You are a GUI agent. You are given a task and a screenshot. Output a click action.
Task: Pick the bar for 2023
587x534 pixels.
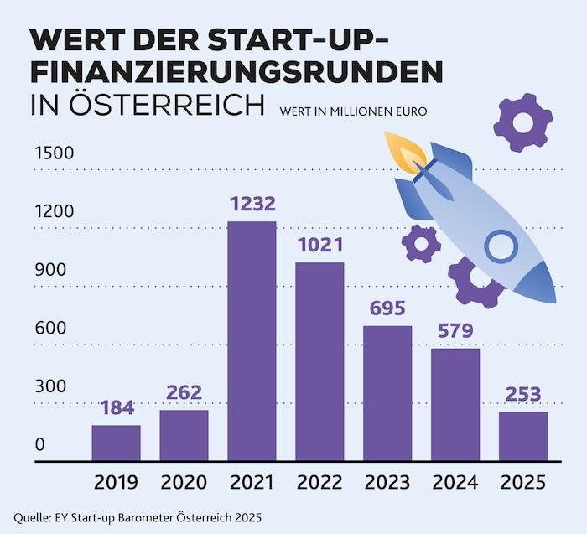[x=387, y=393]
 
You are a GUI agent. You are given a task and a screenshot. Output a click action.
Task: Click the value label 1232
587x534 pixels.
[x=252, y=204]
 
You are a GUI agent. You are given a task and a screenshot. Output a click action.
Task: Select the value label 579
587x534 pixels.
[x=455, y=331]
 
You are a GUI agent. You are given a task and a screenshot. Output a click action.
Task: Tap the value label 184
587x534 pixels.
[x=116, y=408]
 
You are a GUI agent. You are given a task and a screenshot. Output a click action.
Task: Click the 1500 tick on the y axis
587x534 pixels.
[x=54, y=153]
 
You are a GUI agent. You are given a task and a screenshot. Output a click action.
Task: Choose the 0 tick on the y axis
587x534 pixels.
[x=39, y=445]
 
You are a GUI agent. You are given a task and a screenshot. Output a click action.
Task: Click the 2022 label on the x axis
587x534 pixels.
[x=319, y=483]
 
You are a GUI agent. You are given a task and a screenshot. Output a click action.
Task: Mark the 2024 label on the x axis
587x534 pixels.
[x=455, y=483]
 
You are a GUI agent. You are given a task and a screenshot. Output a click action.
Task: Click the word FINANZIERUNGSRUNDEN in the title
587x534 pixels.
[x=236, y=74]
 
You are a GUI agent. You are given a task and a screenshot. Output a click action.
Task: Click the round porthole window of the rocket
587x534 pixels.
[x=501, y=246]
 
